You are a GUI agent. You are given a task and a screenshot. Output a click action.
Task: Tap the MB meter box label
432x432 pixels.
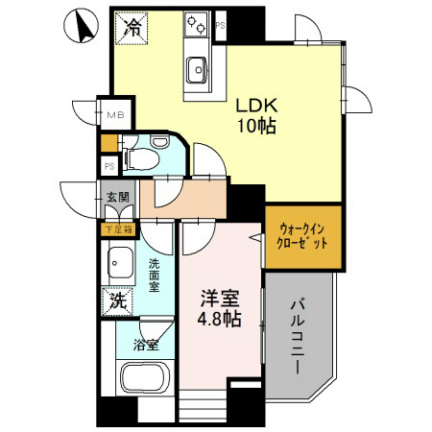pos(115,116)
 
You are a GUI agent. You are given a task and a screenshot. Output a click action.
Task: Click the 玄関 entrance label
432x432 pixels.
pos(117,199)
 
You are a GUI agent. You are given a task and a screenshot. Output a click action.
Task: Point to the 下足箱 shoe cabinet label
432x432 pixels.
pos(115,229)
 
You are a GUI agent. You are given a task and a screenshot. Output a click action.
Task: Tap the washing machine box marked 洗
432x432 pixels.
pos(116,300)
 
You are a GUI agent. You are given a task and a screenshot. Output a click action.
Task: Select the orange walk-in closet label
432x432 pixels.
pos(303,236)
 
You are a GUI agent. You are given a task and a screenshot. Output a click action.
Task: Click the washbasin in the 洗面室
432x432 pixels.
pos(121,260)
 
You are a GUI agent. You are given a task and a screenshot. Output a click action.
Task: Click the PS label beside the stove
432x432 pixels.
pos(220,25)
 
